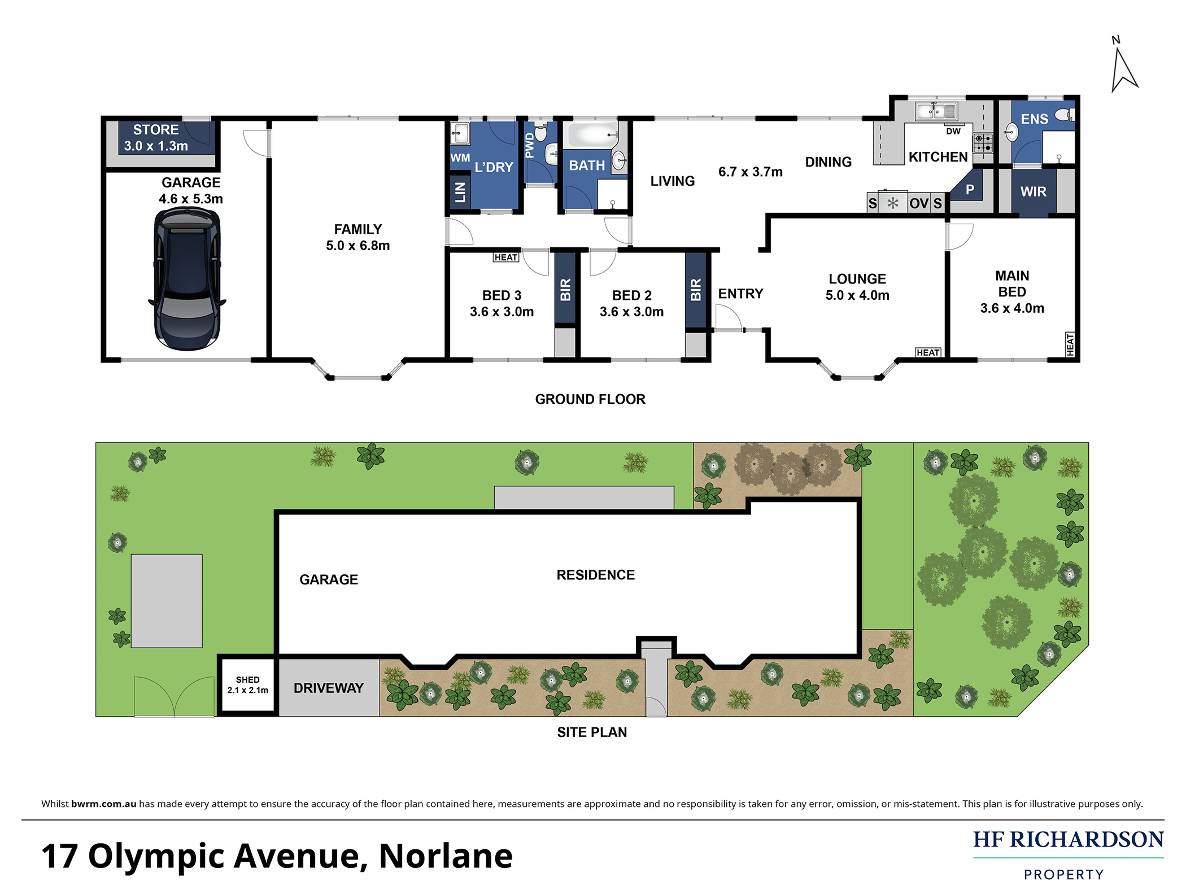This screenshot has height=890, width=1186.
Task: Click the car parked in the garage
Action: click(187, 279)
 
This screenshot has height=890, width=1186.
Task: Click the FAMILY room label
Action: click(358, 229)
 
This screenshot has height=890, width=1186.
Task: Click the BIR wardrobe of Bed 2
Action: click(695, 289)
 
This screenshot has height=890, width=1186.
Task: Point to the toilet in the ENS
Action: click(1064, 115)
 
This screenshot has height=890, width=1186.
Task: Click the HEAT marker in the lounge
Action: click(928, 352)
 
